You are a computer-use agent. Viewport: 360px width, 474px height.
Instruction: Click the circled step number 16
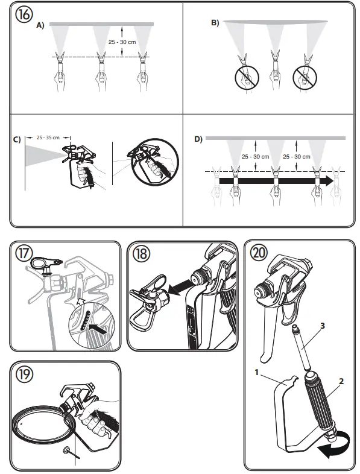24,15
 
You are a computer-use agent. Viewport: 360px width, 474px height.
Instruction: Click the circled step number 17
24,254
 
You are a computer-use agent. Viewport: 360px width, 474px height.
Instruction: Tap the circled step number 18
142,254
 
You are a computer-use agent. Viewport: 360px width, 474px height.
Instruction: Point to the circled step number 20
259,253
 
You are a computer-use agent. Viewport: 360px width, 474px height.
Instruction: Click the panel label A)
40,25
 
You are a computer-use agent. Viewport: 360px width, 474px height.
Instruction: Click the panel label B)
215,23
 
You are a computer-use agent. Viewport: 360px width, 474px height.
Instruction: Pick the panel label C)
17,140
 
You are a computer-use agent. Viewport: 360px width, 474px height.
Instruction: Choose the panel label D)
198,139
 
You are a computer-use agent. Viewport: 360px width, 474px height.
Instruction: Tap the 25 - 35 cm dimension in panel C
48,137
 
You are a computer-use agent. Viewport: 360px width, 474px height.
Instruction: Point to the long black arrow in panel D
274,180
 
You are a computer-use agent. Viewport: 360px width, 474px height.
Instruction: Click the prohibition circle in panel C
147,162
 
